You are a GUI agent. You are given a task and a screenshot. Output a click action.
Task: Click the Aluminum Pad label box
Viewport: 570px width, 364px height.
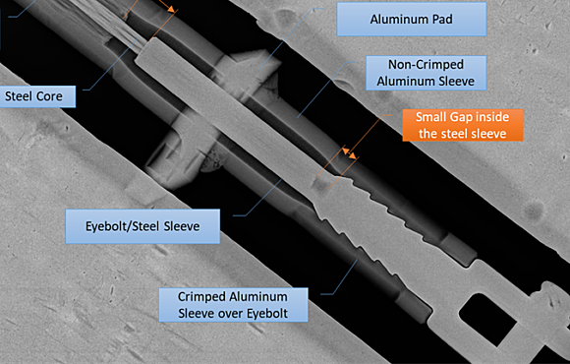click(412, 19)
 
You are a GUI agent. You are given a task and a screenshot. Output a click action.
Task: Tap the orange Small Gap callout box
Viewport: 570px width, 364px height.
click(462, 125)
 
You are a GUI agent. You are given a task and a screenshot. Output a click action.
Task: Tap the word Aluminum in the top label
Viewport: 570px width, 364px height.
click(401, 19)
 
